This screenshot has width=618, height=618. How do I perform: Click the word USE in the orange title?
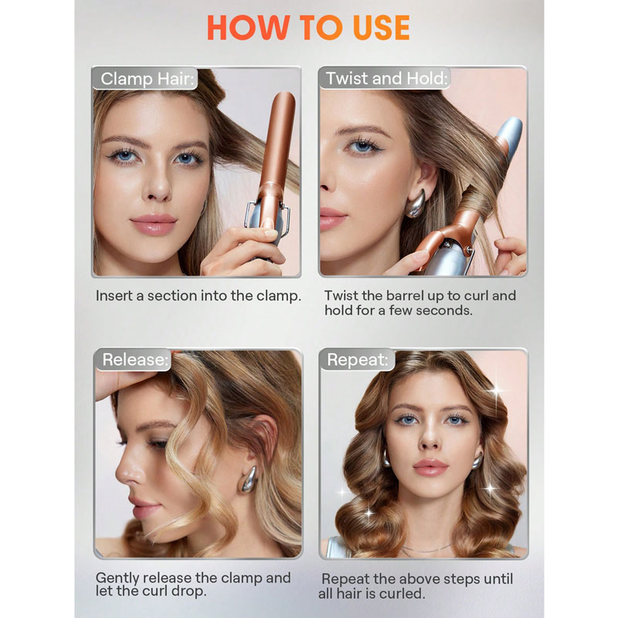tap(381, 28)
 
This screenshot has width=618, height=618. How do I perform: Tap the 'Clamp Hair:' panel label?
tap(147, 79)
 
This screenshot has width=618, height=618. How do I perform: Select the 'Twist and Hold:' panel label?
tap(387, 79)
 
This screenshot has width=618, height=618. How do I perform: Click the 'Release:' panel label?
tap(135, 359)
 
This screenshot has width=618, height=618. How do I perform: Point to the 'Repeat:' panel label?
tap(358, 359)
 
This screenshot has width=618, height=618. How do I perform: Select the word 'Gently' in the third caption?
tap(117, 578)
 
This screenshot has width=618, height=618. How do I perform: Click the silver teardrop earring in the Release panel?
tap(250, 479)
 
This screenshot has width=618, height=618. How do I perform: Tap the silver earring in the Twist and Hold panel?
tap(416, 203)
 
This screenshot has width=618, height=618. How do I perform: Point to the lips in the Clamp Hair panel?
tap(154, 225)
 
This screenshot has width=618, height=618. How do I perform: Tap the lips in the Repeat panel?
tap(430, 468)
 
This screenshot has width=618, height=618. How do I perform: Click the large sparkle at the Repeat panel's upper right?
tap(497, 392)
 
